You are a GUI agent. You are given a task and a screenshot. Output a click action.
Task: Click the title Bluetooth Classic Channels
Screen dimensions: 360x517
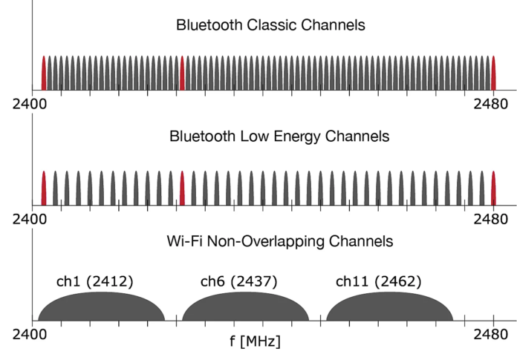pos(270,25)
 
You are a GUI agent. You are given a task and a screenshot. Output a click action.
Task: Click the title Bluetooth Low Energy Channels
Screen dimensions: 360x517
pos(269,137)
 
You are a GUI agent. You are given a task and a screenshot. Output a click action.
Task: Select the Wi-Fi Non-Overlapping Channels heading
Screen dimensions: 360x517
pos(270,241)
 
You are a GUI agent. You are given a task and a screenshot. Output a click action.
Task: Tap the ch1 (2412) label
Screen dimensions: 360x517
pos(94,281)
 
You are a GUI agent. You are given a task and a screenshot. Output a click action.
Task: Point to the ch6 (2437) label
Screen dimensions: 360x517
pos(238,281)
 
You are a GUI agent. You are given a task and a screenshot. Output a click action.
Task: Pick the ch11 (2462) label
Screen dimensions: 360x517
pos(378,281)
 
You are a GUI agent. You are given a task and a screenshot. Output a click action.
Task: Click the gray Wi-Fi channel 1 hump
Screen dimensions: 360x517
pos(101,308)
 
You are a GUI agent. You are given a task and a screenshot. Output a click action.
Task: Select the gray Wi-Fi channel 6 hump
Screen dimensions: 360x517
pos(245,308)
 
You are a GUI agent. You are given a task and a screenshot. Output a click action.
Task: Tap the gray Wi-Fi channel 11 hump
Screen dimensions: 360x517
pos(389,308)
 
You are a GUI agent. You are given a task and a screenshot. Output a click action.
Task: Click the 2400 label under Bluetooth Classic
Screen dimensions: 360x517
pos(30,104)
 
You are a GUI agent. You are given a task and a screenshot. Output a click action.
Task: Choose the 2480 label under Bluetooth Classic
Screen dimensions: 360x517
pos(491,104)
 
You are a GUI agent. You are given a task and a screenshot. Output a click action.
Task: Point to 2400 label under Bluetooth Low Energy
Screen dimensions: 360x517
pos(30,220)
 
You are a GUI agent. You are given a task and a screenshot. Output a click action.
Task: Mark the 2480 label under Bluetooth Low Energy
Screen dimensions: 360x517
pos(491,220)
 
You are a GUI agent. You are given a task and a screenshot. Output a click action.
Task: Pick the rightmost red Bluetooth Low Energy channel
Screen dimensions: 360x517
pos(494,189)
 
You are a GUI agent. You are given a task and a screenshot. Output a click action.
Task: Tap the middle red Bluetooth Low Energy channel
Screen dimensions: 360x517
pos(182,189)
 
